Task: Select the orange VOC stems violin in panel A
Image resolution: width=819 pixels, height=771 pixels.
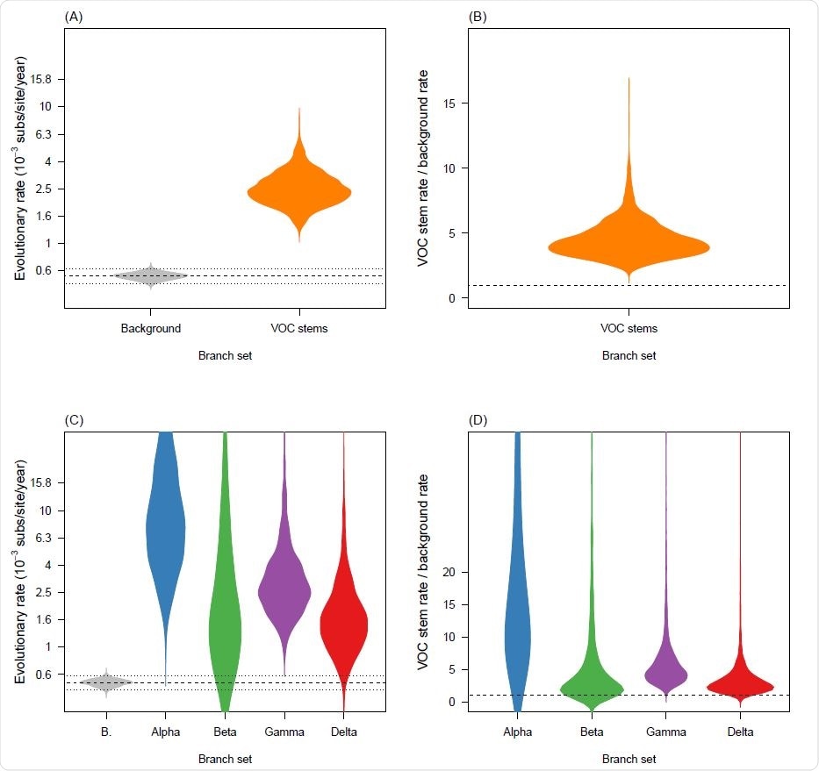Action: click(299, 193)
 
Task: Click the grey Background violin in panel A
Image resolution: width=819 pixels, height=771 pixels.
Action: click(151, 275)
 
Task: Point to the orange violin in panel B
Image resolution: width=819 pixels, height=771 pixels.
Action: click(629, 247)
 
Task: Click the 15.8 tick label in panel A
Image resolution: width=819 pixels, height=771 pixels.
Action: click(42, 79)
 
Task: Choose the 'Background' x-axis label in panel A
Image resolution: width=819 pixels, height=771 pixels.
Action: click(151, 329)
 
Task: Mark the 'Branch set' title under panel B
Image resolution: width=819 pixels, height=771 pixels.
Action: click(629, 356)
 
